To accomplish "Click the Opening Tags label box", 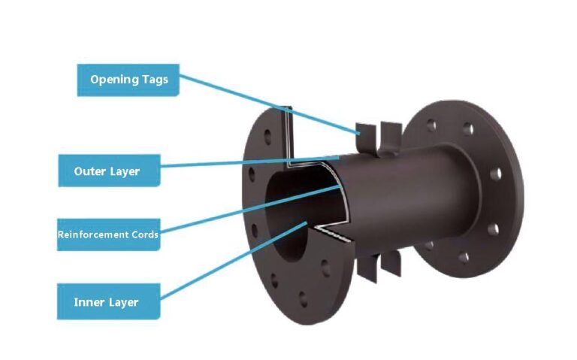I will click(128, 80).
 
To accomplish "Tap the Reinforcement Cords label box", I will click(108, 235).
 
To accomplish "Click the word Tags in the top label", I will click(153, 80).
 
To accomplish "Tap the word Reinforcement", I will click(90, 235).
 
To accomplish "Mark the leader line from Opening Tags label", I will click(270, 105).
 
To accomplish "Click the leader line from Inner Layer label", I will click(225, 263).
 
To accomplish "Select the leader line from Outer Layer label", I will click(248, 163).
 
